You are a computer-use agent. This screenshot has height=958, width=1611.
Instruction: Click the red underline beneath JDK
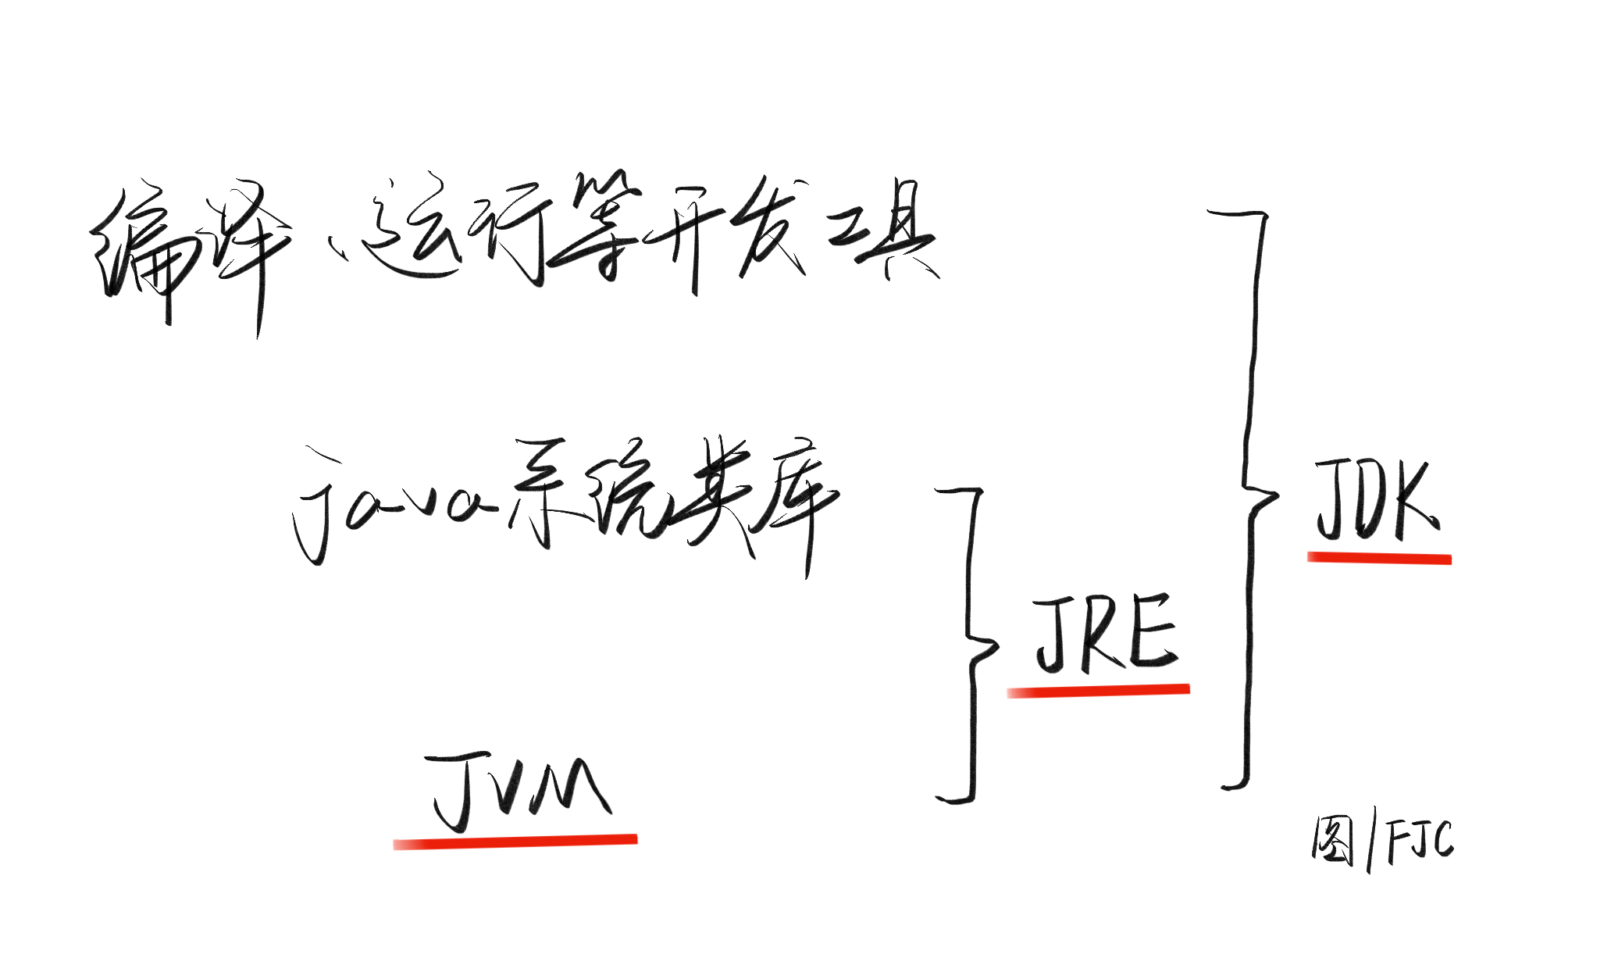pyautogui.click(x=1379, y=558)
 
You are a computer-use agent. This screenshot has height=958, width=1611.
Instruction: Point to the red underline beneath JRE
pyautogui.click(x=1098, y=691)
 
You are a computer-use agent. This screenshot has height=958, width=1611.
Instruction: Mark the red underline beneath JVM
pyautogui.click(x=515, y=842)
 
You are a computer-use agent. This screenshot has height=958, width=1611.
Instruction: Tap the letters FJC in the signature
pyautogui.click(x=1420, y=841)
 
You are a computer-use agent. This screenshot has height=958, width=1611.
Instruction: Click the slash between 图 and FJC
pyautogui.click(x=1372, y=844)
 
